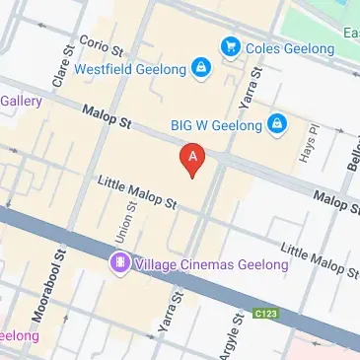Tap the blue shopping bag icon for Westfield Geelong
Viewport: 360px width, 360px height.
pos(200,68)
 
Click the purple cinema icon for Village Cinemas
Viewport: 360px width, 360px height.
pos(118,263)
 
